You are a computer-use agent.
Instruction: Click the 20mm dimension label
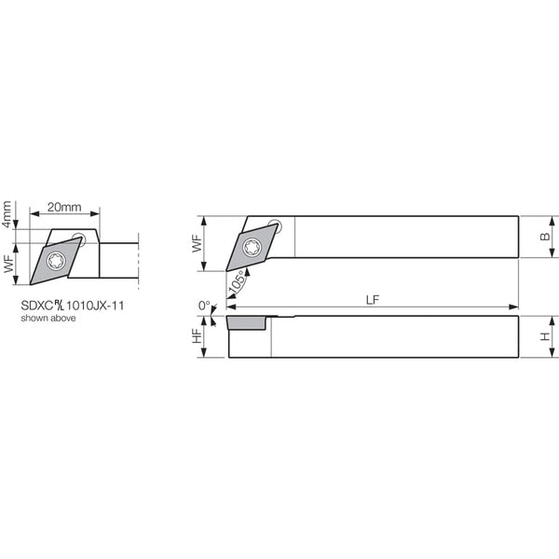(x=64, y=207)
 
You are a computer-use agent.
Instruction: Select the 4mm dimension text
(x=7, y=214)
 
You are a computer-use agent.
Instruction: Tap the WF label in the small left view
(x=9, y=264)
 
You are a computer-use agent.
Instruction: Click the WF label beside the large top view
(x=197, y=243)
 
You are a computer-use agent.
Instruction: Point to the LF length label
(x=373, y=300)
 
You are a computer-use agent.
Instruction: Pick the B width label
(x=545, y=237)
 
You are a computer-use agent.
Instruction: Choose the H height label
(x=545, y=336)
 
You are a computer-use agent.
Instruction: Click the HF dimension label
(x=197, y=335)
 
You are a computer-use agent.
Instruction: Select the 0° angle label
(x=204, y=306)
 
